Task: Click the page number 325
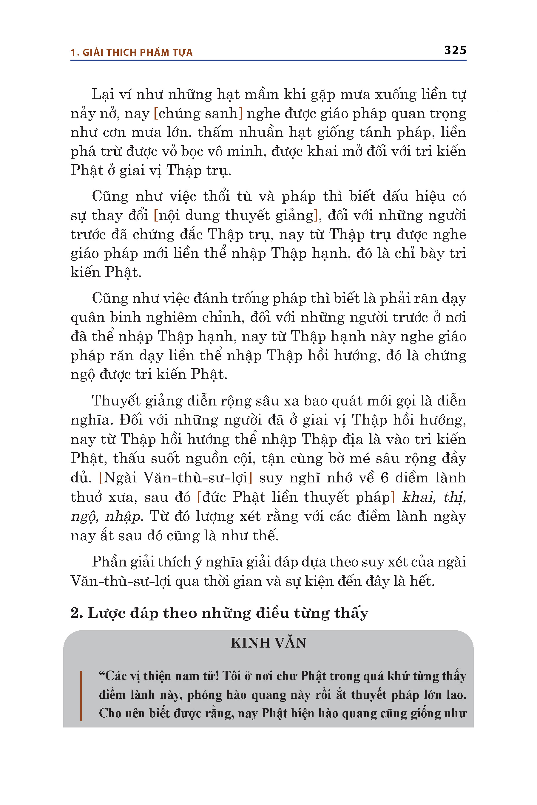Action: (455, 50)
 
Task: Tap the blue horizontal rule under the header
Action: (268, 61)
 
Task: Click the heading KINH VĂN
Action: (268, 643)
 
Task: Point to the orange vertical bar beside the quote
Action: (81, 696)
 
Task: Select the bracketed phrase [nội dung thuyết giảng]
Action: (236, 216)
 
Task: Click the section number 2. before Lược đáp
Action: (77, 613)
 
